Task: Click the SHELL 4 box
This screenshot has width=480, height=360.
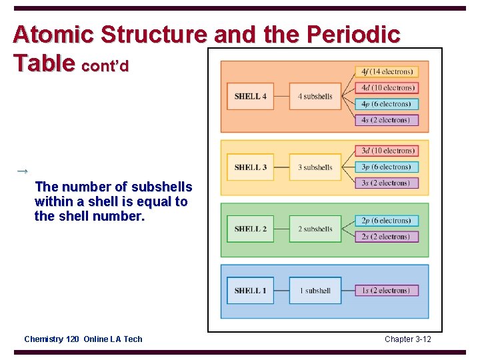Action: (250, 96)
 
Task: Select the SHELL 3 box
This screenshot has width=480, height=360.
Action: (250, 167)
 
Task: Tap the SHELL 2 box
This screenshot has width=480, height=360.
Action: (250, 229)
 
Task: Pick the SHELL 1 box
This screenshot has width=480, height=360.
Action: (250, 291)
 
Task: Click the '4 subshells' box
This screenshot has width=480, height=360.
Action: (315, 96)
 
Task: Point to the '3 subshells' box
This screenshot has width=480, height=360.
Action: (315, 167)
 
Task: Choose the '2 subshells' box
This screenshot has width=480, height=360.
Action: (315, 229)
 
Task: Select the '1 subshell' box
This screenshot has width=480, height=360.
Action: (315, 291)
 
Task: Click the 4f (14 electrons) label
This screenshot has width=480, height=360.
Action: (387, 71)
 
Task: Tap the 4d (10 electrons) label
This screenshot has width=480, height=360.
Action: (387, 87)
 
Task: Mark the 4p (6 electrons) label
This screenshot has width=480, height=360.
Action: (387, 104)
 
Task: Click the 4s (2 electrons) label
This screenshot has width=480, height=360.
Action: (387, 120)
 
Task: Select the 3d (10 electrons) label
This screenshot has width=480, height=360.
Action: (387, 151)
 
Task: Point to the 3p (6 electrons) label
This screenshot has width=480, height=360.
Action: (387, 167)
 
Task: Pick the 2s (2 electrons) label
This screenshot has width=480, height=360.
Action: (387, 237)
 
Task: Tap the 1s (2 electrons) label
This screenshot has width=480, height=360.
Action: (387, 291)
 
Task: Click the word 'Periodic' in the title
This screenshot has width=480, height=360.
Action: (353, 35)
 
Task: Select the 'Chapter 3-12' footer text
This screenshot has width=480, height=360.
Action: (407, 339)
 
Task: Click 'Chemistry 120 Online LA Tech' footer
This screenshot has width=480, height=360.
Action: (83, 339)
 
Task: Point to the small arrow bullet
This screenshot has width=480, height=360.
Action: (21, 171)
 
